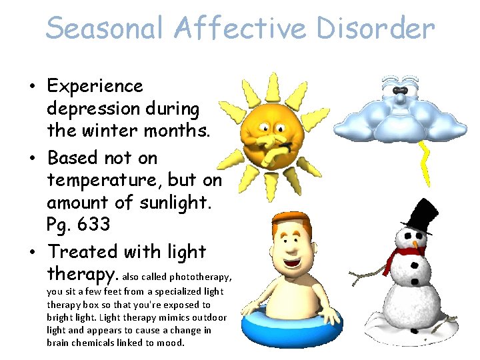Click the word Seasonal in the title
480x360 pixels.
(x=105, y=29)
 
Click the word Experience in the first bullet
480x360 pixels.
(x=95, y=87)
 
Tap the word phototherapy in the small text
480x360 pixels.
(x=201, y=277)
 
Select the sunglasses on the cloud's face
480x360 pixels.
(x=399, y=90)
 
